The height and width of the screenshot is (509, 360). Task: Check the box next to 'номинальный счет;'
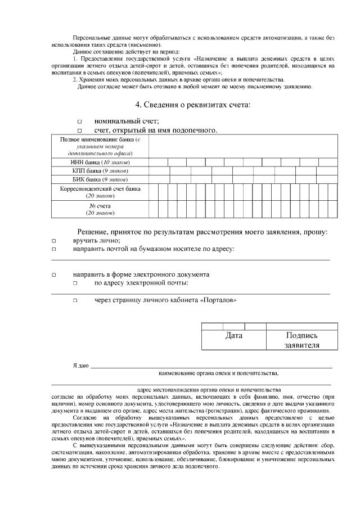[79, 121]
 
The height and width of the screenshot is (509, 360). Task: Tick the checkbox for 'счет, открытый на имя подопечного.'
[79, 131]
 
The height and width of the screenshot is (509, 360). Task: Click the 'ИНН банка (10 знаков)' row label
[100, 162]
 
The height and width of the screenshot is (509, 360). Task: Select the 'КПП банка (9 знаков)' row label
[100, 170]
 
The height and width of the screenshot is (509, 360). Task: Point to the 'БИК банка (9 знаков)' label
[100, 179]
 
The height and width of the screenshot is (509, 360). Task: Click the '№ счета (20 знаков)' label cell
[100, 209]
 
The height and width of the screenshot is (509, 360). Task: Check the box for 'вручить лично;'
[55, 241]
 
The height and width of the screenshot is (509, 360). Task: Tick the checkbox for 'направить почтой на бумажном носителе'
[55, 249]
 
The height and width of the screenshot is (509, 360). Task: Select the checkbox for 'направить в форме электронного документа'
[55, 275]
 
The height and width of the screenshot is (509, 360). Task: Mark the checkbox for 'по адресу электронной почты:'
[74, 283]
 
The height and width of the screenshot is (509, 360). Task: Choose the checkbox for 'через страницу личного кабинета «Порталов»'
[74, 301]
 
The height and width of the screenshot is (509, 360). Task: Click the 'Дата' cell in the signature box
[233, 336]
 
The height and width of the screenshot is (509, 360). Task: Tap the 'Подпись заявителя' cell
[301, 340]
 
